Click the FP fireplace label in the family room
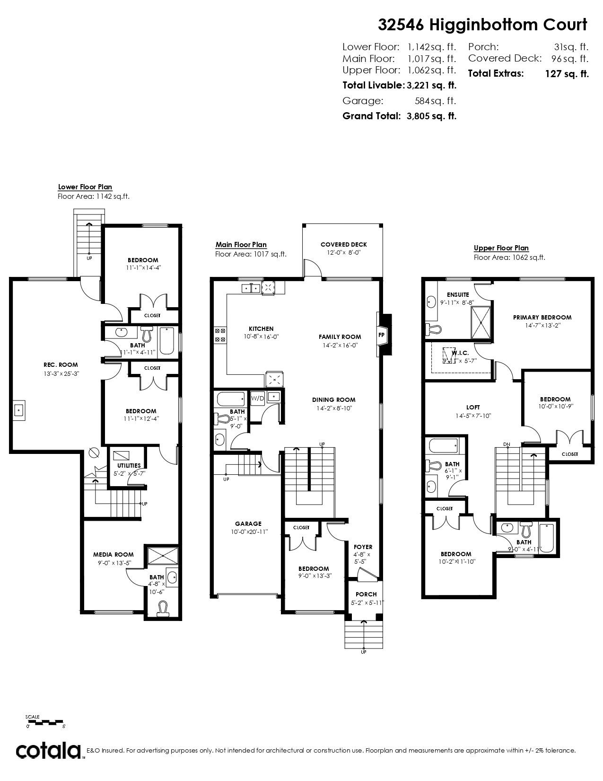[x=381, y=335]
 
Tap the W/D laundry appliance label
[x=257, y=398]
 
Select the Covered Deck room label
[x=344, y=244]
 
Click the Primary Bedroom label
[x=542, y=317]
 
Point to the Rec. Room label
[x=61, y=365]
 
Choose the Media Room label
[x=114, y=555]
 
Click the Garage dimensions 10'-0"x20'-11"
[x=250, y=532]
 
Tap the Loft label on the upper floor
[x=473, y=407]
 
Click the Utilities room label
[x=129, y=465]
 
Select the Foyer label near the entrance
[x=363, y=547]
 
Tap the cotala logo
[x=48, y=751]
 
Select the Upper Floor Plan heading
[x=501, y=248]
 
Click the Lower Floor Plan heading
[x=85, y=187]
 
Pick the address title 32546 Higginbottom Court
[x=483, y=25]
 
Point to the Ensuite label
[x=458, y=295]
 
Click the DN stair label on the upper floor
[x=507, y=444]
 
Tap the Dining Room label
[x=333, y=399]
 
